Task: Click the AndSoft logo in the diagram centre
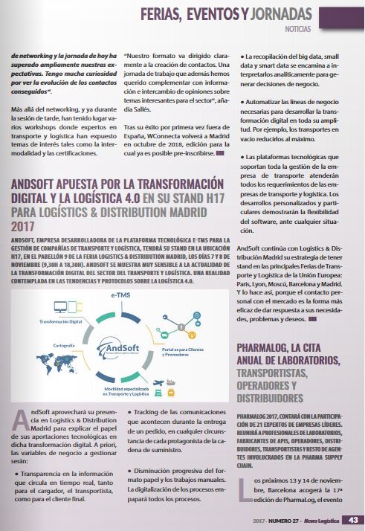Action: coord(120,349)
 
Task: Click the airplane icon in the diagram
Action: coord(158,382)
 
